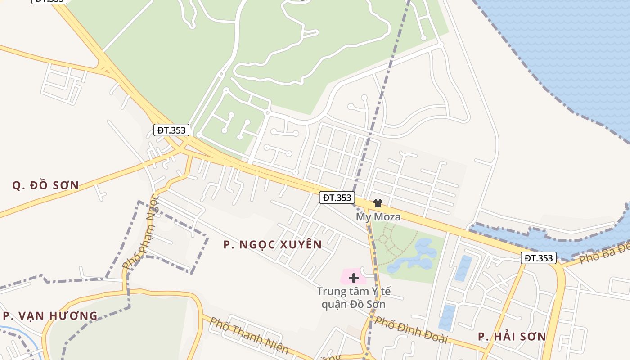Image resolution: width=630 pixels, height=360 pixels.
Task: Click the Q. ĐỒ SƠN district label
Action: [45, 185]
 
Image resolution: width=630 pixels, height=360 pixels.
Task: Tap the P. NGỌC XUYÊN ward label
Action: [273, 244]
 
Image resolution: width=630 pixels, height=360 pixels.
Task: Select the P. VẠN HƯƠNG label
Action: [50, 315]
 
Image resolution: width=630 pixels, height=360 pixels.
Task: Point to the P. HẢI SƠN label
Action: [512, 336]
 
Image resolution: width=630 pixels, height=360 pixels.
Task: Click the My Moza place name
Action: [378, 217]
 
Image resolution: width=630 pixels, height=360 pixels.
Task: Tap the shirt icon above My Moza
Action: [378, 203]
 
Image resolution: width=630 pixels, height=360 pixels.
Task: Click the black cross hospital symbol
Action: [354, 278]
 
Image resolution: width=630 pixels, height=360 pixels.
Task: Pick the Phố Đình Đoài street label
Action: [411, 330]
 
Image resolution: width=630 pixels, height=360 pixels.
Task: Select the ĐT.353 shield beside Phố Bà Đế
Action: [539, 258]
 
